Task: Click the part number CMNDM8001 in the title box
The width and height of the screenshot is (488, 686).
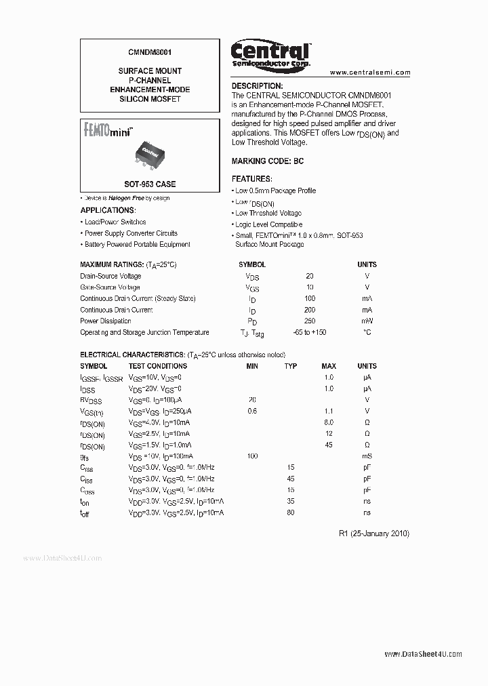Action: click(x=150, y=51)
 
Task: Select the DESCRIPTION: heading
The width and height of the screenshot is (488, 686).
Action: click(x=257, y=86)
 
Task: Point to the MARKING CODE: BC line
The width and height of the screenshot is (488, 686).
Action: click(x=268, y=162)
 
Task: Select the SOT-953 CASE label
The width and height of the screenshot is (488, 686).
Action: click(x=150, y=184)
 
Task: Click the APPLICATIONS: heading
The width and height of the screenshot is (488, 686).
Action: click(x=108, y=210)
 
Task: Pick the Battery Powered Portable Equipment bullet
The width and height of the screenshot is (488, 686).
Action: click(x=137, y=244)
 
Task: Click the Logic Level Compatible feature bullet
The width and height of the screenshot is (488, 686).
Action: click(x=268, y=224)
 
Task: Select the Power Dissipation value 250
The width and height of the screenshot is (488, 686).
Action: click(x=310, y=321)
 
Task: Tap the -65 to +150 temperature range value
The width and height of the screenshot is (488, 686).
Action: click(x=310, y=332)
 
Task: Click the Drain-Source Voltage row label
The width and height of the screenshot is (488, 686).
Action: click(x=110, y=276)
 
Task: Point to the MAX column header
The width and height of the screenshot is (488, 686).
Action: click(x=329, y=366)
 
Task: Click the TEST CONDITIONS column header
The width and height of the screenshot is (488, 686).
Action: click(x=157, y=366)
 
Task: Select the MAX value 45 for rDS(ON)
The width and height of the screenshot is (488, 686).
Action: click(x=329, y=445)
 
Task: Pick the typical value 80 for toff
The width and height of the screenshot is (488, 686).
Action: click(x=291, y=512)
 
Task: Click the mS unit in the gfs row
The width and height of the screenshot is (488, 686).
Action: click(x=367, y=456)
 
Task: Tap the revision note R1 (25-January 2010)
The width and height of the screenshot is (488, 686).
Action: click(x=373, y=533)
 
